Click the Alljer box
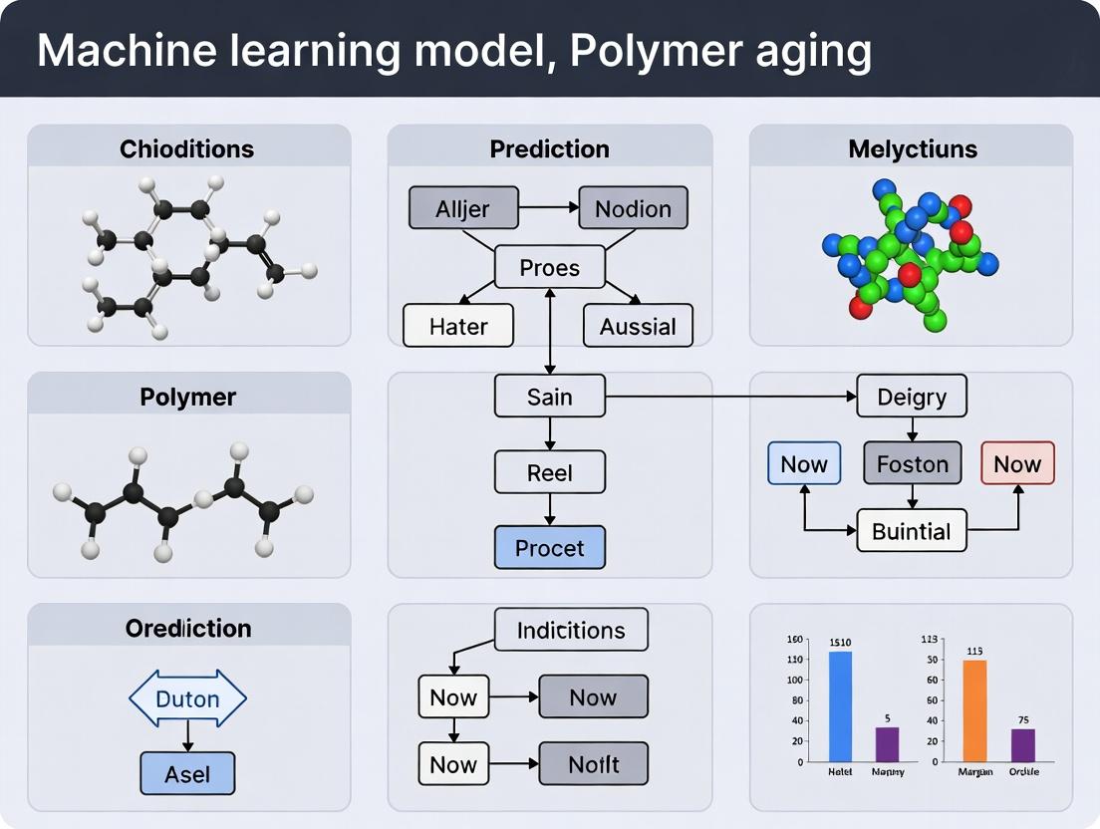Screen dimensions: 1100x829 [463, 208]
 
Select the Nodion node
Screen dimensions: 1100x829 [633, 208]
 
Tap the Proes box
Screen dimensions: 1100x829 [550, 267]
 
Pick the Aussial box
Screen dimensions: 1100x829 [638, 326]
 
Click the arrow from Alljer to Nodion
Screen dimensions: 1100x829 [548, 208]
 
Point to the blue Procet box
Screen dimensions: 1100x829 [550, 548]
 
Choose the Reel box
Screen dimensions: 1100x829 [550, 471]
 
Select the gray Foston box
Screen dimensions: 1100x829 [912, 463]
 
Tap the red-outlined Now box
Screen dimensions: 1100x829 [1017, 463]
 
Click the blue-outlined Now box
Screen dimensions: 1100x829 [804, 463]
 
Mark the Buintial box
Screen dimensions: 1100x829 [912, 530]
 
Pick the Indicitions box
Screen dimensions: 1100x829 [571, 630]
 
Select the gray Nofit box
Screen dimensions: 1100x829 [593, 764]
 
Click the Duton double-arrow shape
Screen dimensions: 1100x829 [187, 698]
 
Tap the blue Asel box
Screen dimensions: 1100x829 [187, 773]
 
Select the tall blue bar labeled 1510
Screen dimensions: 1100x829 [840, 705]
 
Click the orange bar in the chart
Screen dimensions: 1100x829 [974, 710]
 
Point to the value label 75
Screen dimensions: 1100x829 [1023, 720]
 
